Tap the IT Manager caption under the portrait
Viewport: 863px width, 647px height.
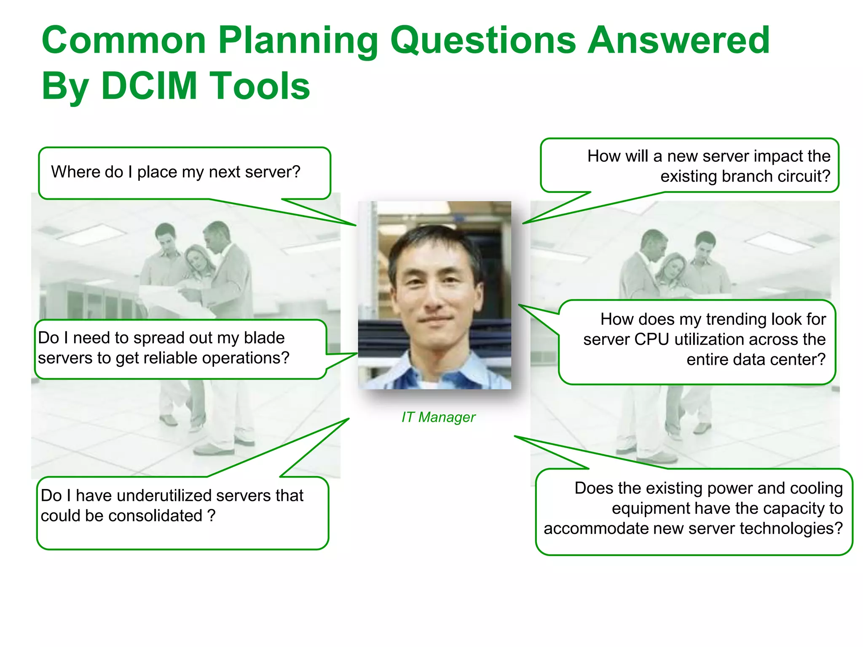point(438,417)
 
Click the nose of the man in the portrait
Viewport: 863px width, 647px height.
point(434,297)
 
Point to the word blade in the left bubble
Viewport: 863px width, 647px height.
point(264,338)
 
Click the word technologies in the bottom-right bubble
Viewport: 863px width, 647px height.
point(791,529)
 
